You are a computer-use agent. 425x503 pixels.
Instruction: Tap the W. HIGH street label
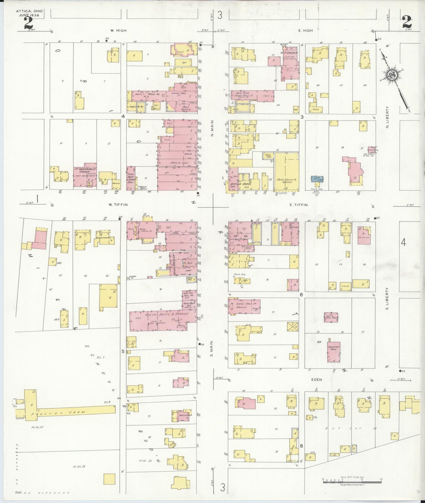pos(118,31)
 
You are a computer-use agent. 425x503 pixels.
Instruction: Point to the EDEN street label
pos(316,379)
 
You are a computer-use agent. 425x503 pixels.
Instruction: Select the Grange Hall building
pos(334,352)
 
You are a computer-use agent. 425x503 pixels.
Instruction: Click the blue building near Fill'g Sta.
pos(317,179)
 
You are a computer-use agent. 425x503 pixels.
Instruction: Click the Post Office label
pos(186,108)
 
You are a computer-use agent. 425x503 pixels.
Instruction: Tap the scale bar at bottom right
pos(352,482)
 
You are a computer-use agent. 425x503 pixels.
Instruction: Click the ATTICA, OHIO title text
pos(29,11)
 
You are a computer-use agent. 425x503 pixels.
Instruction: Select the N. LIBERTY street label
pos(387,117)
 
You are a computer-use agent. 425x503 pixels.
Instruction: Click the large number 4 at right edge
pos(403,243)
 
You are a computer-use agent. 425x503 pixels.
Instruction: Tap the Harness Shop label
pos(177,163)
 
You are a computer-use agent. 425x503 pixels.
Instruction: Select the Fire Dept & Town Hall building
pos(131,179)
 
